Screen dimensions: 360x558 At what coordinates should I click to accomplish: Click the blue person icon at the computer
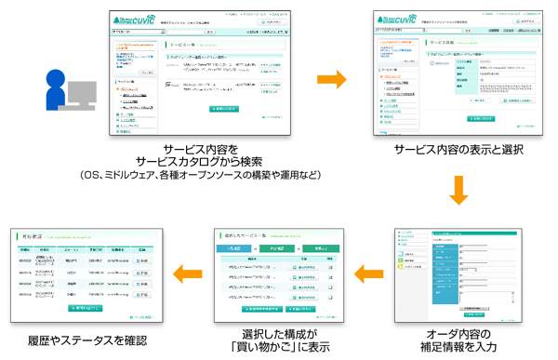(59, 92)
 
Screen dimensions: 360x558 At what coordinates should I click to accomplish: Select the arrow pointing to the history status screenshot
(190, 273)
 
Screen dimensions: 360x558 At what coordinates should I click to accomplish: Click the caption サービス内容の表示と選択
(458, 150)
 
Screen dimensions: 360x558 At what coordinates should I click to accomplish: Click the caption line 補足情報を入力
(458, 347)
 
